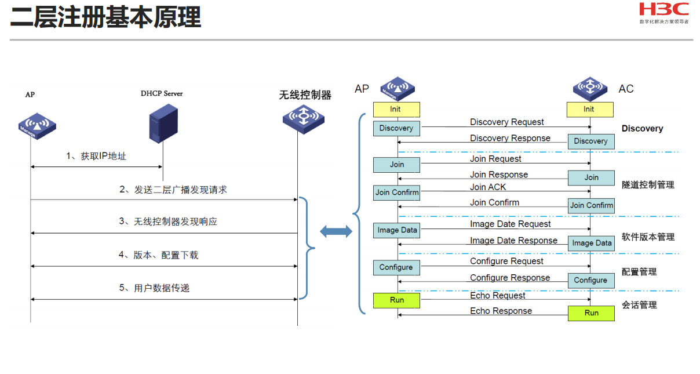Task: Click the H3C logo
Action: click(x=663, y=13)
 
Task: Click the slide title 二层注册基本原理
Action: click(x=105, y=17)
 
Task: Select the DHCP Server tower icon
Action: click(x=163, y=124)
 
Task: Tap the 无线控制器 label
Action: click(x=305, y=95)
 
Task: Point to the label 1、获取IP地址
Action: click(x=96, y=156)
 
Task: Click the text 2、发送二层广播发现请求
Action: click(x=173, y=190)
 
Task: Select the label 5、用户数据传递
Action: click(x=154, y=288)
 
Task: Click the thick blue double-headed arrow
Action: click(x=336, y=231)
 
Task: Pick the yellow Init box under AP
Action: click(x=396, y=110)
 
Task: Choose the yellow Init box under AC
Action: click(x=590, y=110)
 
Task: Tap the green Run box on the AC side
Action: click(x=591, y=313)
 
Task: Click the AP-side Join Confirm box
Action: click(x=396, y=193)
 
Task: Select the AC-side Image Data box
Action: click(x=591, y=244)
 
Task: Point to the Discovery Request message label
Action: click(x=507, y=122)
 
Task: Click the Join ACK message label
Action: click(x=488, y=187)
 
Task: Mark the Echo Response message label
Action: click(x=501, y=311)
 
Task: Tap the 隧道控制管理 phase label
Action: click(x=648, y=185)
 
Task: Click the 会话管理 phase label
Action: click(x=639, y=305)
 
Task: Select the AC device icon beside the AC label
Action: click(x=590, y=89)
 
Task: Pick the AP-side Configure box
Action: click(x=396, y=268)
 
